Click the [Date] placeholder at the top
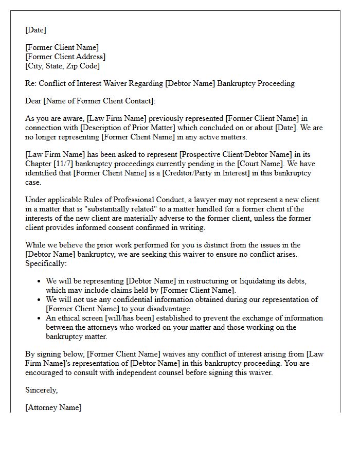click(x=35, y=30)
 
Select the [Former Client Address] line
click(x=65, y=57)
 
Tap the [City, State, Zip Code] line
click(x=62, y=66)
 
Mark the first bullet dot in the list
click(x=40, y=281)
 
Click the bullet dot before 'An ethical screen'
click(x=40, y=318)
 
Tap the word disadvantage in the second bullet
click(x=170, y=309)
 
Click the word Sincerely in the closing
click(x=41, y=390)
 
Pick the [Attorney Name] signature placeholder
click(x=53, y=408)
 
